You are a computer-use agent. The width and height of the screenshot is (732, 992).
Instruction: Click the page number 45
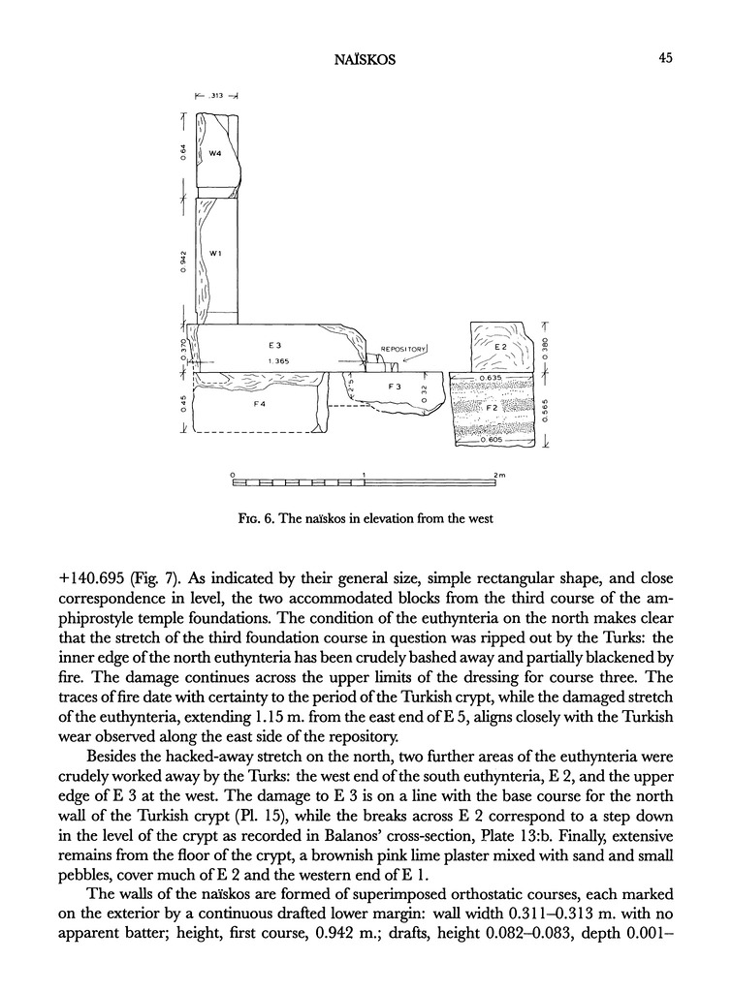(x=665, y=58)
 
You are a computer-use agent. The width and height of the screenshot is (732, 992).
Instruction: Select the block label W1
(x=215, y=254)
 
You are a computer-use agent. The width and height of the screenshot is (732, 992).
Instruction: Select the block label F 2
(x=492, y=409)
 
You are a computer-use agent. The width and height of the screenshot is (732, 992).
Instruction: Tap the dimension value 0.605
(x=493, y=441)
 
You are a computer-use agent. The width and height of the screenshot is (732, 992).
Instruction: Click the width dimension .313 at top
(x=217, y=95)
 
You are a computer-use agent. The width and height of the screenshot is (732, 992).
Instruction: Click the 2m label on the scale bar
(x=500, y=475)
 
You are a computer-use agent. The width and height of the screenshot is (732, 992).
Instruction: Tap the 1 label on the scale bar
(x=364, y=475)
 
